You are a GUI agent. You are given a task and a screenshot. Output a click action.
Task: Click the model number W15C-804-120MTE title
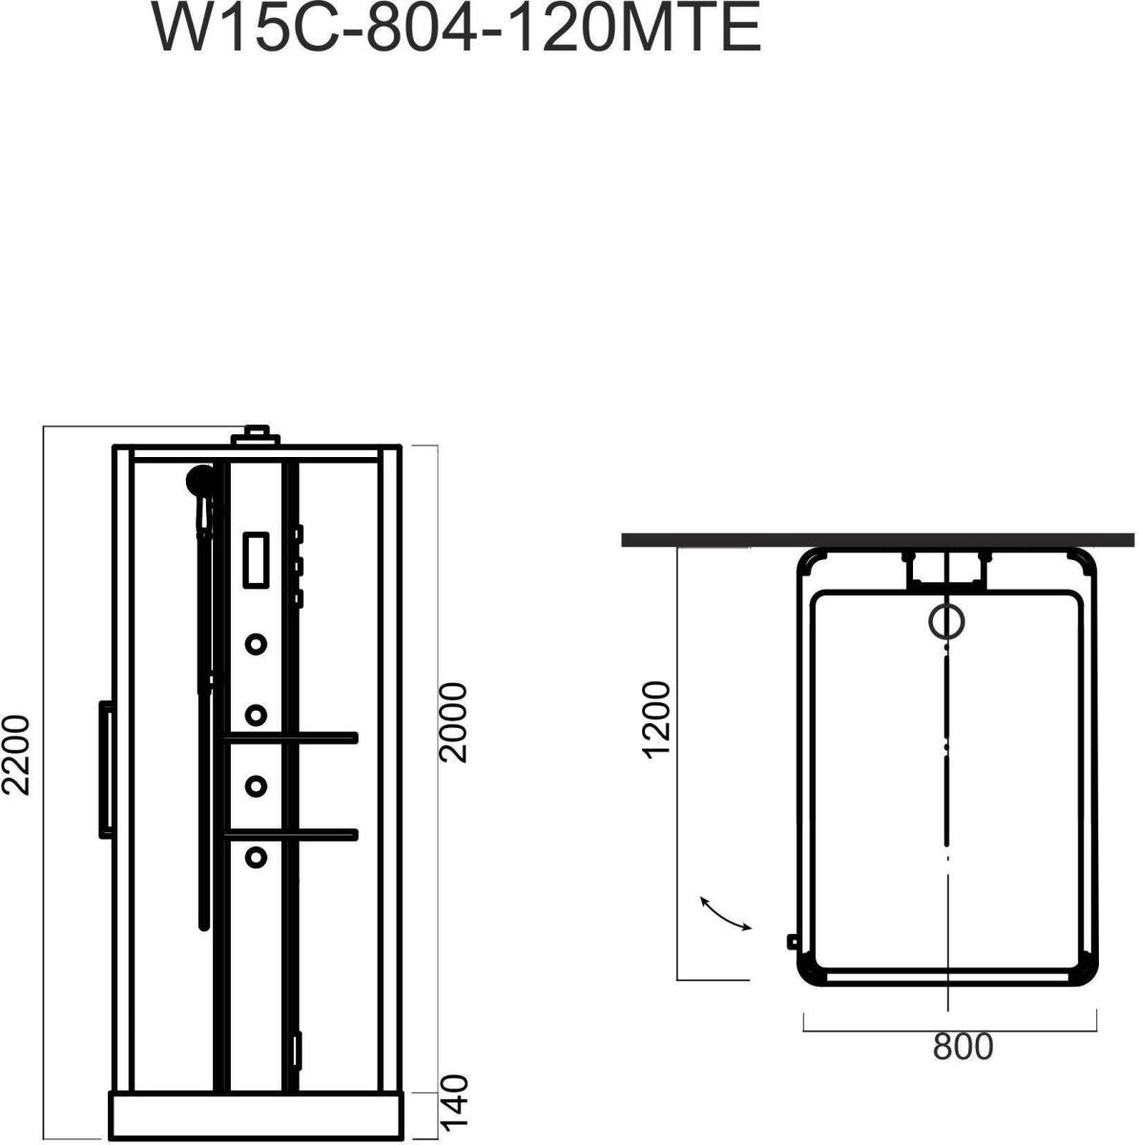pos(457,28)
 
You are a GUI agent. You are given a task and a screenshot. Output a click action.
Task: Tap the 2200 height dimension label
pos(16,755)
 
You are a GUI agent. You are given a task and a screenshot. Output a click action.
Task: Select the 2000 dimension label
pos(454,723)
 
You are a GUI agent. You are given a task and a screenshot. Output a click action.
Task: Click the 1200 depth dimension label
pos(657,719)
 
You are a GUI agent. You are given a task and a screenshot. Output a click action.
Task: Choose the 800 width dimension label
pos(963,1047)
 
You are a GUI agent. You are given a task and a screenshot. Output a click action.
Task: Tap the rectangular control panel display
pos(256,560)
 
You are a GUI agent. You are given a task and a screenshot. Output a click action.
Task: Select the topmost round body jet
pos(256,643)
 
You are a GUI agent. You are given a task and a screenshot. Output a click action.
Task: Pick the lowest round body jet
pos(256,857)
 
